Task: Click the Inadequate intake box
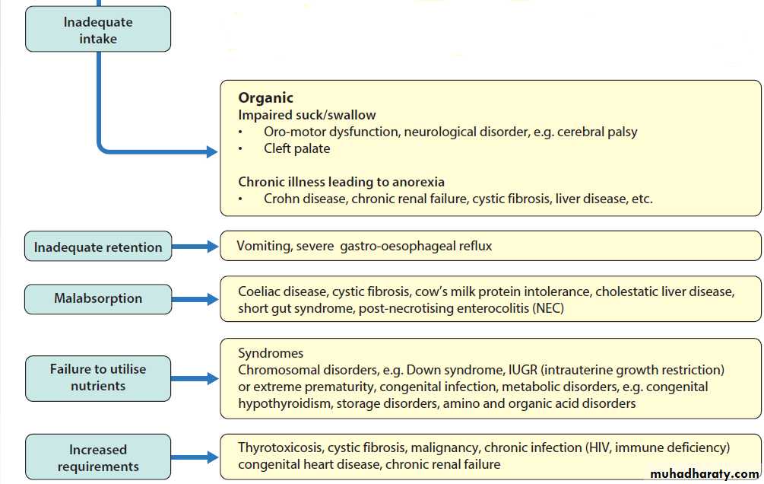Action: [x=98, y=30]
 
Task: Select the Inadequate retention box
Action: [x=98, y=247]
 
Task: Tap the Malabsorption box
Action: [x=98, y=298]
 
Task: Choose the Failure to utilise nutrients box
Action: [x=98, y=377]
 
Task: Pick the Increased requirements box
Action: [x=98, y=458]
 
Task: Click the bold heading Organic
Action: [x=265, y=97]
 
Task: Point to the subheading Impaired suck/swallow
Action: [x=307, y=115]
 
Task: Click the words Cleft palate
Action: [x=296, y=148]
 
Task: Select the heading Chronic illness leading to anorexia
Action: [x=341, y=182]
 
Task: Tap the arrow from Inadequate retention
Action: [x=195, y=247]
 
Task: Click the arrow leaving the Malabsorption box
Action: [x=195, y=299]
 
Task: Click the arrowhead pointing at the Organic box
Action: [x=212, y=152]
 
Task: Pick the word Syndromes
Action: [x=271, y=353]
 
